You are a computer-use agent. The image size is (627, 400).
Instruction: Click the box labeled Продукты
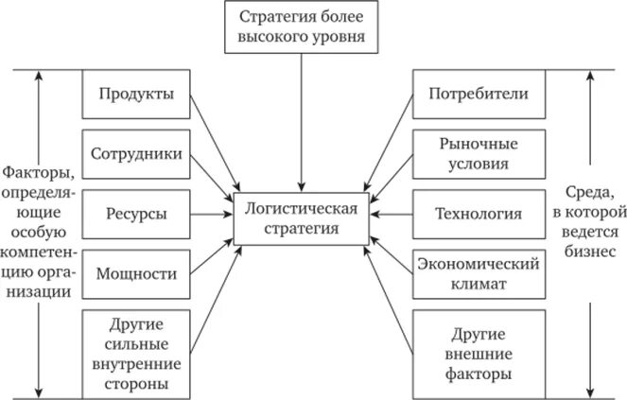136,95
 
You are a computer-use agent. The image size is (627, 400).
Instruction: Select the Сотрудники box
136,154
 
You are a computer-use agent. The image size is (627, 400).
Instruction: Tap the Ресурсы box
136,215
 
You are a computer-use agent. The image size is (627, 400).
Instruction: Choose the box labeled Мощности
136,274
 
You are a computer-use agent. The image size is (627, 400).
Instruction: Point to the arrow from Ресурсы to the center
208,215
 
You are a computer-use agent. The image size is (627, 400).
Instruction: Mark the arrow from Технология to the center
392,215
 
